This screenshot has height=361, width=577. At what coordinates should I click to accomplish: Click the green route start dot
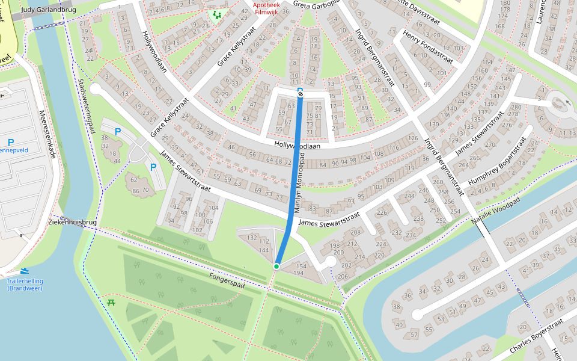tap(276, 266)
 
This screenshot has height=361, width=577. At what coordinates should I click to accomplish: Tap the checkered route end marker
tap(301, 93)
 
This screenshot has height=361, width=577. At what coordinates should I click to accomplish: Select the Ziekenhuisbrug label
tap(72, 223)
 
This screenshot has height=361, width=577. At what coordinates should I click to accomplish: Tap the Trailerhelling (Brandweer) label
tap(25, 285)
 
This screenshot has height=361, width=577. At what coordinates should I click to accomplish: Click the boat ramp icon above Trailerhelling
tap(24, 272)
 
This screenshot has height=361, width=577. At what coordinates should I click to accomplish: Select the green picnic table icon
tap(111, 303)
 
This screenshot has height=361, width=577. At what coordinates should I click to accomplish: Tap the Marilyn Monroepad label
tap(300, 183)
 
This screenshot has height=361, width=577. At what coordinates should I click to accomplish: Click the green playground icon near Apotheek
tap(216, 14)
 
